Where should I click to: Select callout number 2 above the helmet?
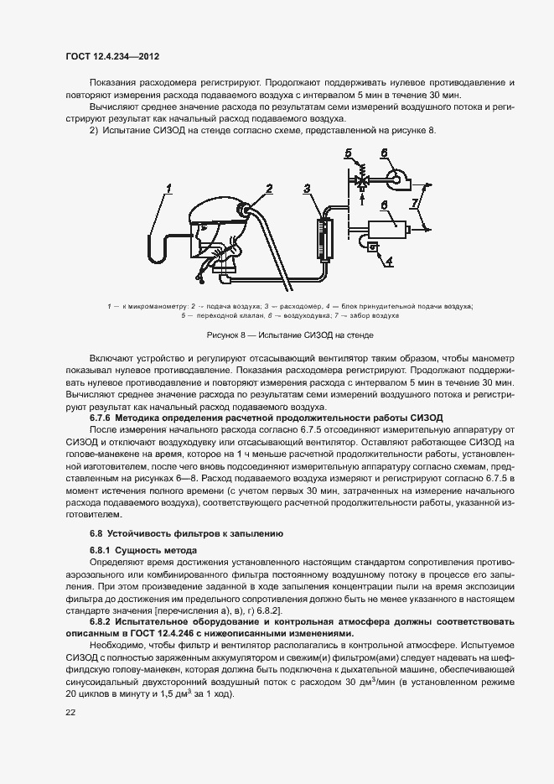[269, 188]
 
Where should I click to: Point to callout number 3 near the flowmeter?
[308, 188]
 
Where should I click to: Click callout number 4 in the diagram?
[388, 261]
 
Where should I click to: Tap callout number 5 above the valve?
[348, 153]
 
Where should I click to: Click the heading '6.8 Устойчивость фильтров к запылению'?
[187, 533]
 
